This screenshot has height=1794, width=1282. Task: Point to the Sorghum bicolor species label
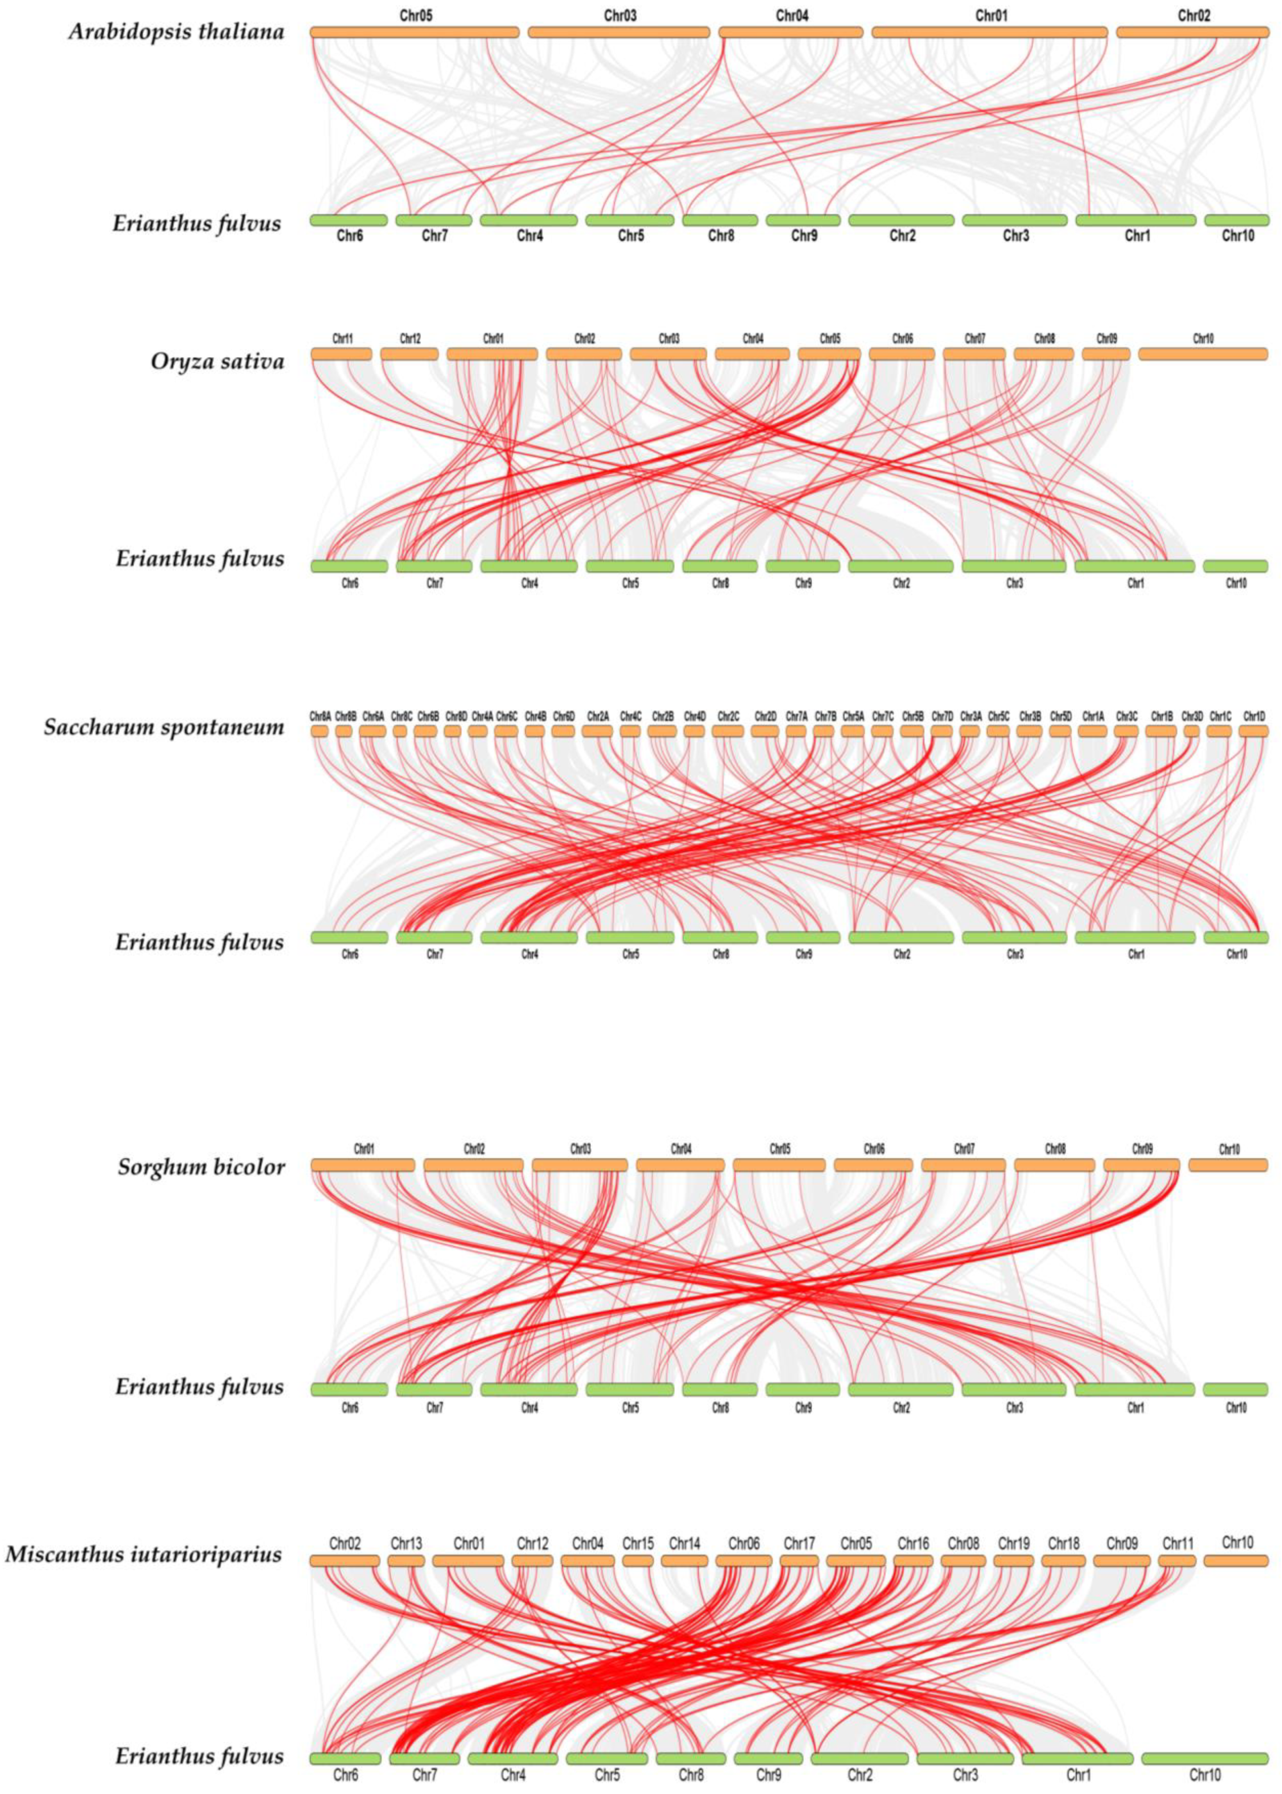click(201, 1167)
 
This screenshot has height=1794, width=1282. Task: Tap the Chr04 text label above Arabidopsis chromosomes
click(792, 15)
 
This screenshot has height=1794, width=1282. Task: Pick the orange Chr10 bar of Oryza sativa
click(1202, 354)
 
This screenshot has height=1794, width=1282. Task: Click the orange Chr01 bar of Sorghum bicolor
click(363, 1165)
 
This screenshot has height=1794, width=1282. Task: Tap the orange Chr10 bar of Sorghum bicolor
click(1228, 1165)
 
